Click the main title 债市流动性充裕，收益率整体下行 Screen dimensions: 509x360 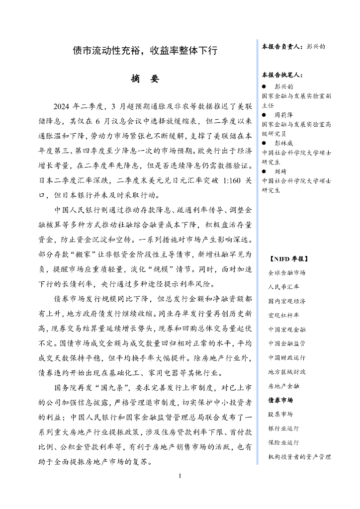click(x=145, y=51)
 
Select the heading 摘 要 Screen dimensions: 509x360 click(x=145, y=79)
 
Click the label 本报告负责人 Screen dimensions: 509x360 click(x=282, y=46)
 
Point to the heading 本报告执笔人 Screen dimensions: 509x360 click(x=282, y=75)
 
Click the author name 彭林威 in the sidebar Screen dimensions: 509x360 click(x=284, y=143)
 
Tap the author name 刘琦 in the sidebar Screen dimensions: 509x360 click(x=281, y=171)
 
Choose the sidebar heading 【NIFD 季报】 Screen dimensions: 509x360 click(x=288, y=259)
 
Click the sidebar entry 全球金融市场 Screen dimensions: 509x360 click(x=287, y=273)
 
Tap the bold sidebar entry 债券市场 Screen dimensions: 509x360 click(x=280, y=400)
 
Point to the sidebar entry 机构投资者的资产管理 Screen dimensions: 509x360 click(x=299, y=456)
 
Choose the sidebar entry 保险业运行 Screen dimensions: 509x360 click(x=283, y=442)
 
